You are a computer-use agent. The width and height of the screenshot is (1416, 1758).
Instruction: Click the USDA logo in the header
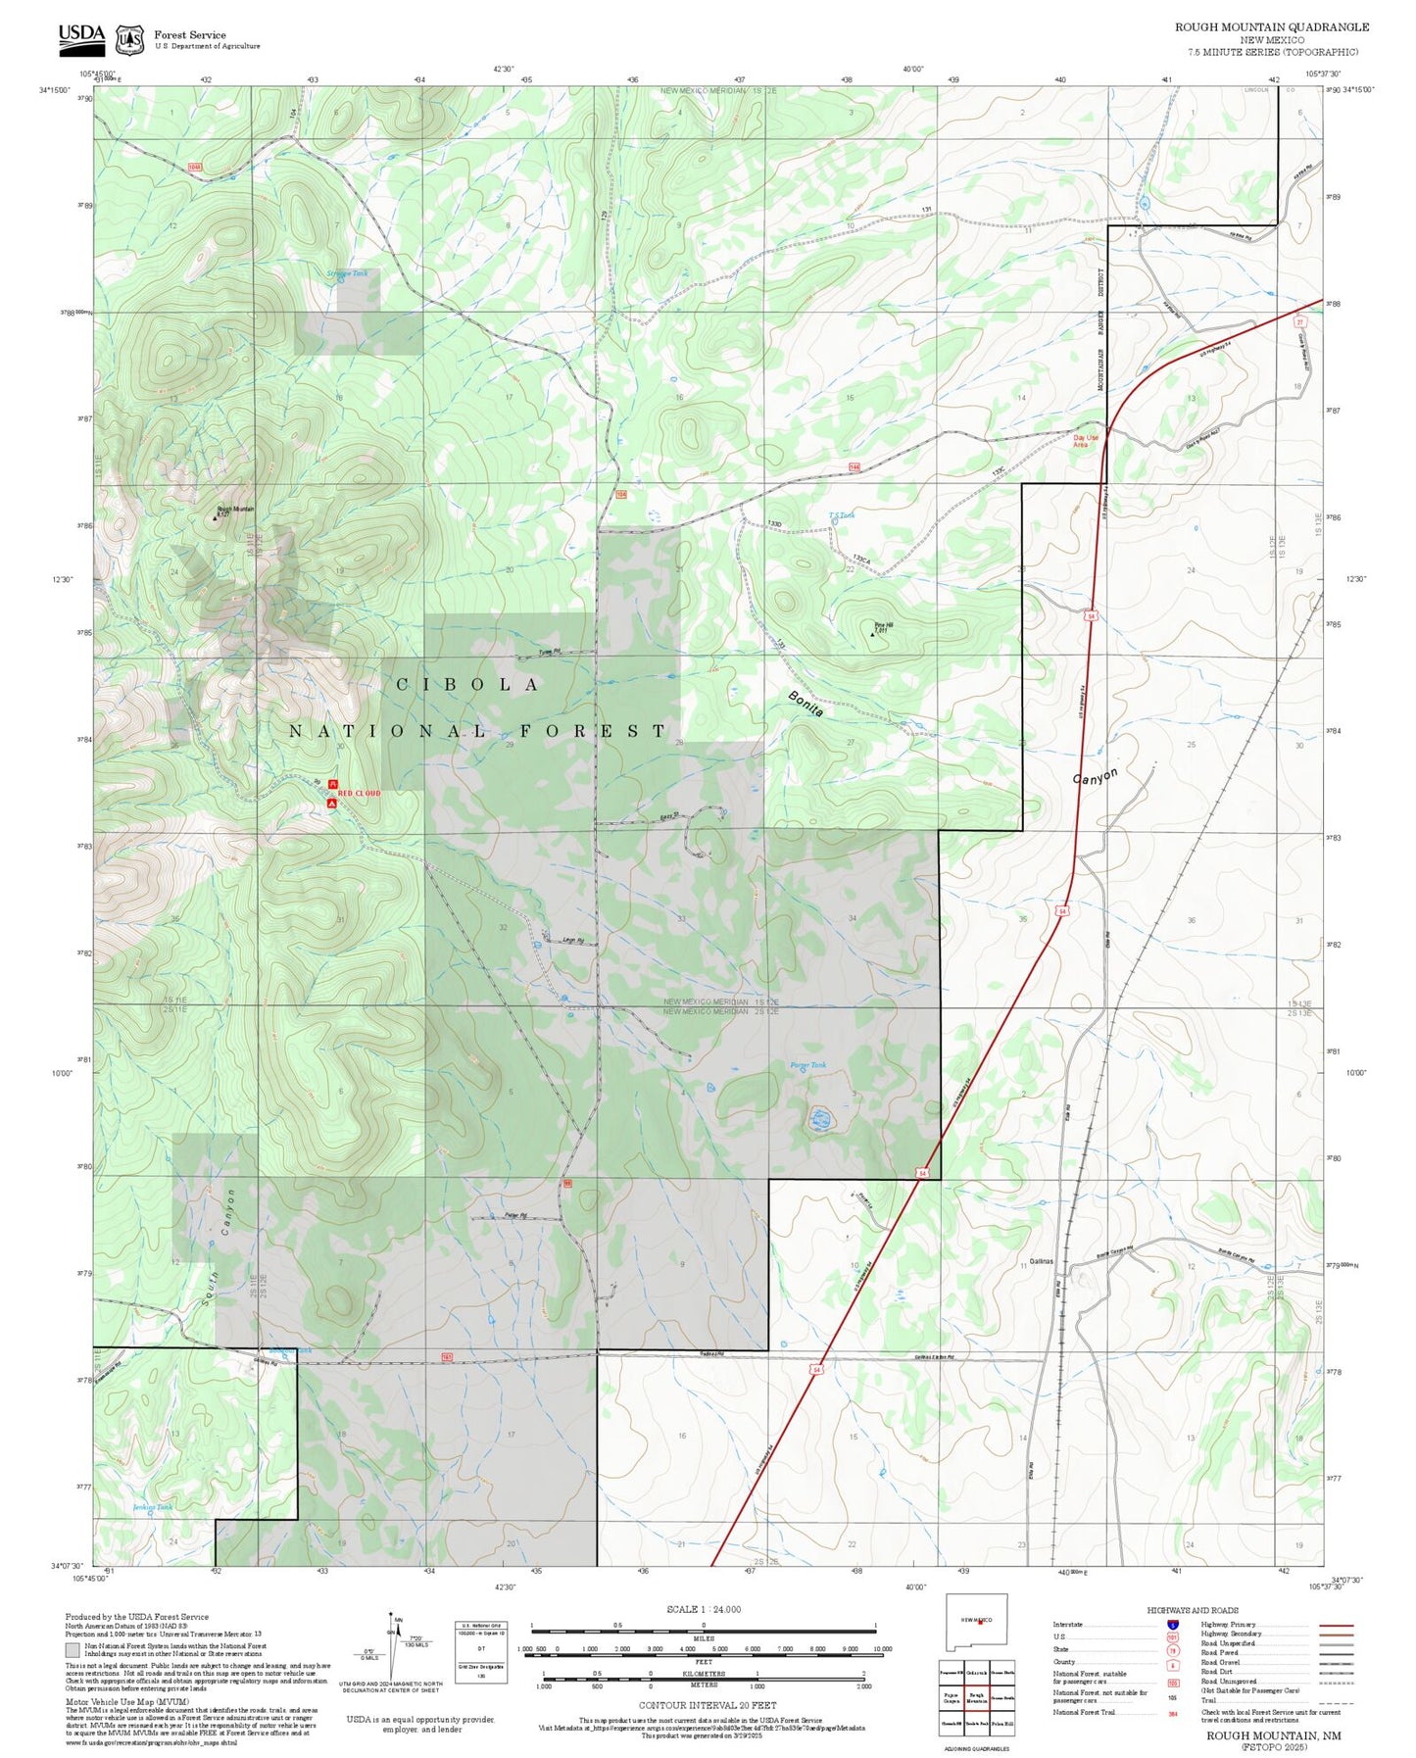pyautogui.click(x=81, y=36)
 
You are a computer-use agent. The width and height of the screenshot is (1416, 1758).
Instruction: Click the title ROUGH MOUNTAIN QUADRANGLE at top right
pyautogui.click(x=1272, y=26)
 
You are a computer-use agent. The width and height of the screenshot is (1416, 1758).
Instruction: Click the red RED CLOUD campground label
pyautogui.click(x=359, y=793)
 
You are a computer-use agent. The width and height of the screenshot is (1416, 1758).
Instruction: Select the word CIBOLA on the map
pyautogui.click(x=467, y=685)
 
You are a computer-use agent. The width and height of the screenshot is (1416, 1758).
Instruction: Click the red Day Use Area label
pyautogui.click(x=1085, y=442)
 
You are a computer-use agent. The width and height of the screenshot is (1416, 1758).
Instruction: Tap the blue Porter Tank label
pyautogui.click(x=808, y=1064)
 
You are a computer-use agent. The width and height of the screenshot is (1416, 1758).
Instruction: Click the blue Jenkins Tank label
pyautogui.click(x=152, y=1507)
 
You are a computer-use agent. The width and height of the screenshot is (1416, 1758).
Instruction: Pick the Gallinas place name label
pyautogui.click(x=1041, y=1261)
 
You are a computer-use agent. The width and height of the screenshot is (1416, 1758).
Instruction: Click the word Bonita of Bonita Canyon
pyautogui.click(x=806, y=704)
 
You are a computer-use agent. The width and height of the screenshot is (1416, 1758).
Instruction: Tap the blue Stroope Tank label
pyautogui.click(x=347, y=274)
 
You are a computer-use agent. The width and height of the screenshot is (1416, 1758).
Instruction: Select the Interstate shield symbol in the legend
pyautogui.click(x=1173, y=1625)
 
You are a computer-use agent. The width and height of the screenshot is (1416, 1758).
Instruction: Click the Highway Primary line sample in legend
pyautogui.click(x=1336, y=1625)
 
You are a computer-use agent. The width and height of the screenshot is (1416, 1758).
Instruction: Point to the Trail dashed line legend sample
pyautogui.click(x=1336, y=1700)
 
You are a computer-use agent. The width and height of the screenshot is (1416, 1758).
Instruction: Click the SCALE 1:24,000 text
pyautogui.click(x=704, y=1609)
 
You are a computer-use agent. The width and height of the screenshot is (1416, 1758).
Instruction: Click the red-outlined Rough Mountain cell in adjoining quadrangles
pyautogui.click(x=976, y=1698)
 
